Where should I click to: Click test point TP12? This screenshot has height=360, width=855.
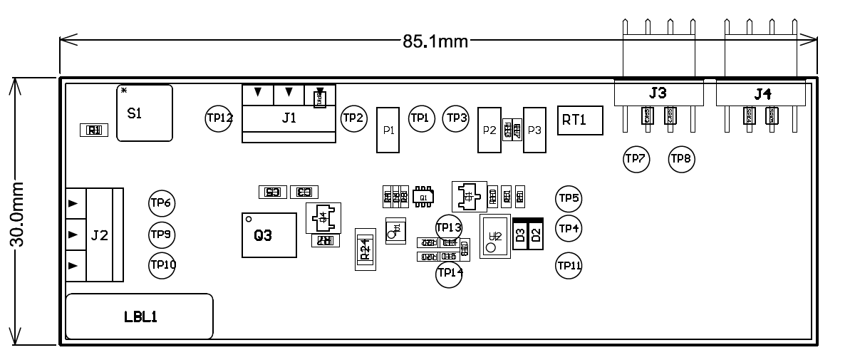click(219, 118)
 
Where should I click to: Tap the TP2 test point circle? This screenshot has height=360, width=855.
click(353, 118)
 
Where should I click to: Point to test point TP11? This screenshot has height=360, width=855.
click(569, 265)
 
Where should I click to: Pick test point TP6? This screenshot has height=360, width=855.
click(162, 203)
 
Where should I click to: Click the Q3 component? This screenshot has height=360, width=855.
click(269, 235)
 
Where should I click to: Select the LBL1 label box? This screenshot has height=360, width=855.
click(140, 317)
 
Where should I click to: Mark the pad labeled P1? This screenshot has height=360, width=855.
click(388, 130)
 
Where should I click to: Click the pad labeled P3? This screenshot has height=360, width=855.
click(534, 130)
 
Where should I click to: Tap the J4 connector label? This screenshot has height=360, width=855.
click(762, 93)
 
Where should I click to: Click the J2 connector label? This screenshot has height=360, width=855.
click(100, 235)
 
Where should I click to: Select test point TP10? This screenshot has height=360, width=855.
click(162, 264)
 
